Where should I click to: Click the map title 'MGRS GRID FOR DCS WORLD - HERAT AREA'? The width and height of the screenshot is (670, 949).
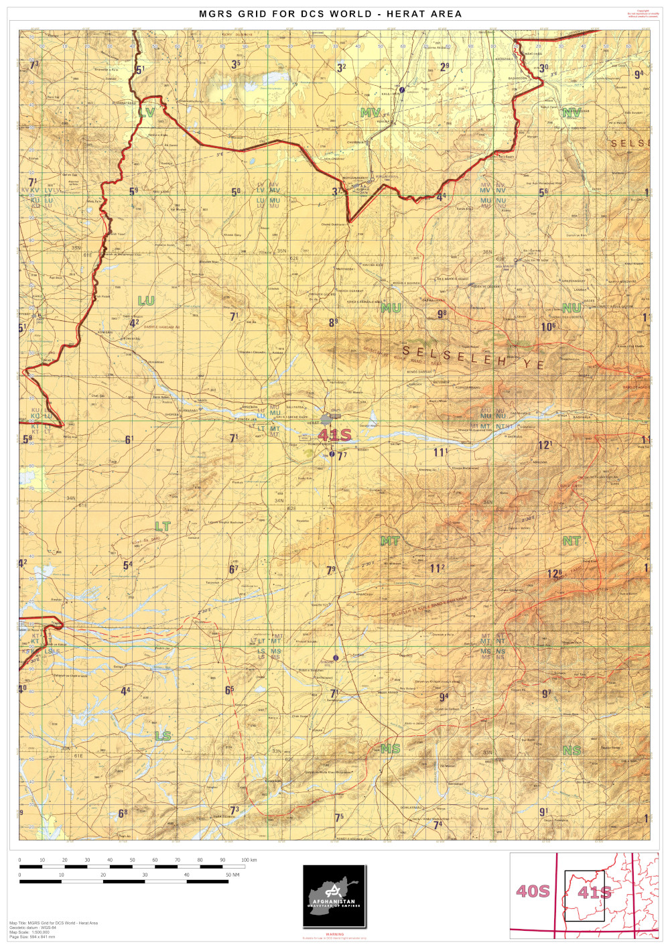[x=330, y=13]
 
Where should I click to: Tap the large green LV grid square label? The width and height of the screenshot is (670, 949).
[x=147, y=113]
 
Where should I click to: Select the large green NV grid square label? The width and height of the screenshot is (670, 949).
[x=572, y=113]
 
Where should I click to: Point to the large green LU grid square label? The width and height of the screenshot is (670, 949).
[x=146, y=301]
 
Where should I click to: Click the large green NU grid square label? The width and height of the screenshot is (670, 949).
[x=572, y=308]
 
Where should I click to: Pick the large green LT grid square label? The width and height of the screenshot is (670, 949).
[x=163, y=527]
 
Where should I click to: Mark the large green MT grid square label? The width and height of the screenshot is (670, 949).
[x=390, y=541]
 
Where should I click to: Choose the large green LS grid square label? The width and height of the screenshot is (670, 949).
[x=163, y=736]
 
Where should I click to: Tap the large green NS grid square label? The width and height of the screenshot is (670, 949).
[x=572, y=751]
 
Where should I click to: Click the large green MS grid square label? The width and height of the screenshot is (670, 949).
[x=390, y=749]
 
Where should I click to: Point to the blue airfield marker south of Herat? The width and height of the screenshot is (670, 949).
[x=332, y=454]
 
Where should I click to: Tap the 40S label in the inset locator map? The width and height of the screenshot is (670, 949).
[x=533, y=891]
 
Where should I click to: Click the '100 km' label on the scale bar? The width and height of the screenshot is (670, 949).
[x=249, y=860]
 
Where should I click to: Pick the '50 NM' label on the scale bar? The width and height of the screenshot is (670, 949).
[x=232, y=875]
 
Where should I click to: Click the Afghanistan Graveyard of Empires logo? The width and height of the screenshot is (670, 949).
[x=334, y=896]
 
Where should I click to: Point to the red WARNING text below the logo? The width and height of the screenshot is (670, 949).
[x=334, y=934]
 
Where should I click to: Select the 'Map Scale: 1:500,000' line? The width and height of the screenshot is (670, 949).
[x=29, y=932]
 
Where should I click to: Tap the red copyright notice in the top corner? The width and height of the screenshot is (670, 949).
[x=643, y=13]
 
